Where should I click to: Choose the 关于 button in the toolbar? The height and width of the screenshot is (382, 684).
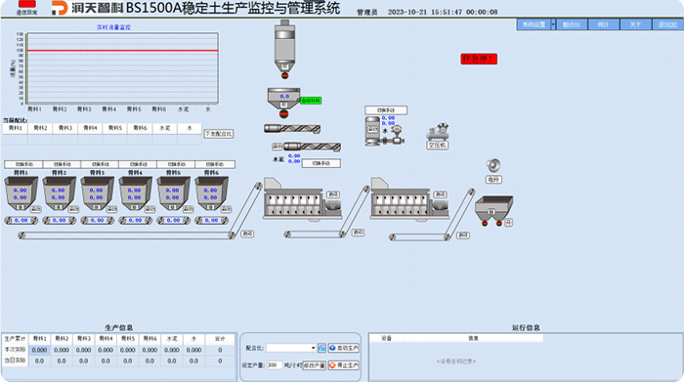[634, 23]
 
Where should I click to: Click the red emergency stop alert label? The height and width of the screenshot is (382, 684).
[479, 60]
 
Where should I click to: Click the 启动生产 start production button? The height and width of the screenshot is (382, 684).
[346, 347]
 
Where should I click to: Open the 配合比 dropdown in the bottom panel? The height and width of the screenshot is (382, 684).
[290, 347]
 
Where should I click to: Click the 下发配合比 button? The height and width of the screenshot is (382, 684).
[219, 133]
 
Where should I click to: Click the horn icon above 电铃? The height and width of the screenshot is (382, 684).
[492, 167]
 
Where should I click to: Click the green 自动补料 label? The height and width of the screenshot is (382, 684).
[311, 101]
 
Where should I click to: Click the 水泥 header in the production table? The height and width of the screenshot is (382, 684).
[171, 339]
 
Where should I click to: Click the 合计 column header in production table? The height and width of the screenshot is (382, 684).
[220, 339]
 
